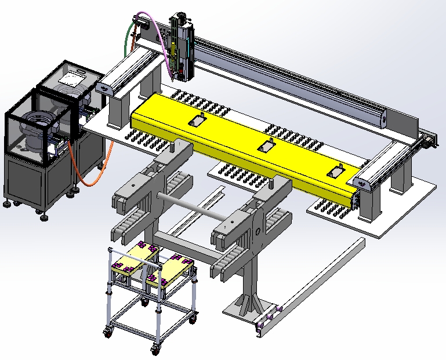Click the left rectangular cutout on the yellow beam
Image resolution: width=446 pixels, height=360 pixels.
(197, 120)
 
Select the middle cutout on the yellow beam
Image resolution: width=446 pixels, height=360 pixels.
(266, 146)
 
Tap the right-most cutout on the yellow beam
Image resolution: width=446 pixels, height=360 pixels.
(336, 172)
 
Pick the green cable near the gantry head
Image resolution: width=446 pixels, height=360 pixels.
(126, 41)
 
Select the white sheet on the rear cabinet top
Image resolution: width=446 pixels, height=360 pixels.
(74, 77)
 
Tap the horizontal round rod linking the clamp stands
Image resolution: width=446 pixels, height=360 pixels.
(191, 206)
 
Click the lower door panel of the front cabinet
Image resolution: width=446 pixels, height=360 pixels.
(24, 180)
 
